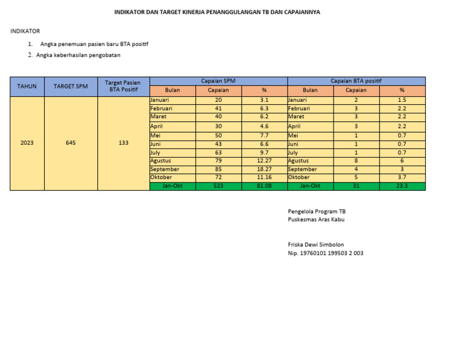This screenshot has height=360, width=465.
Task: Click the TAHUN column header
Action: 27,86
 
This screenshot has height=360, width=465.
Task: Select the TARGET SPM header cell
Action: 71,86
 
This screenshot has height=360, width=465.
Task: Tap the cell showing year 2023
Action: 27,143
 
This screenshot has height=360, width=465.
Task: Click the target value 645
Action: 71,143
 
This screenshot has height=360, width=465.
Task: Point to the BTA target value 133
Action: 124,143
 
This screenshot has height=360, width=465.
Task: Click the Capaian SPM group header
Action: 218,81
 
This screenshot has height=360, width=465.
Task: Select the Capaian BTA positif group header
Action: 356,81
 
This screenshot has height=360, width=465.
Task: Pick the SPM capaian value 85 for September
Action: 218,169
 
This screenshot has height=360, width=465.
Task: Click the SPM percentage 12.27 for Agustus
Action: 264,161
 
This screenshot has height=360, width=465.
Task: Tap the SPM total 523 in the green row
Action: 218,186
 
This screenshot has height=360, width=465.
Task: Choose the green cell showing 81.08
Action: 264,186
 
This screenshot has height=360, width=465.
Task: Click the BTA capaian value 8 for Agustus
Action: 356,161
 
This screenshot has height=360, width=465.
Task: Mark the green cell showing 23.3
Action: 402,186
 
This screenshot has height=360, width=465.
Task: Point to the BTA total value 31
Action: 356,186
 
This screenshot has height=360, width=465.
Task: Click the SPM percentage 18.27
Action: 264,169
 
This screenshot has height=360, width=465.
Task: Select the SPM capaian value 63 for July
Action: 218,152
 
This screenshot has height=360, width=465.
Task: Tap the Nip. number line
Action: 325,253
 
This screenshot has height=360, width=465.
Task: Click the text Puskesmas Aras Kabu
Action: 316,219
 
